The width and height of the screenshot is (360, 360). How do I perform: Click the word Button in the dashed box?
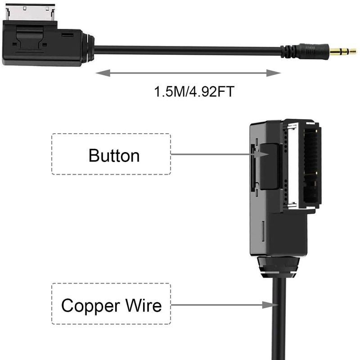pos(114,155)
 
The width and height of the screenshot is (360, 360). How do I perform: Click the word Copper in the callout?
pos(91,306)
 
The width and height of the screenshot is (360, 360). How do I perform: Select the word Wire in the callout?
pos(144,305)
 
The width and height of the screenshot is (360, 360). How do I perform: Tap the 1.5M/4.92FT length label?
pos(194,91)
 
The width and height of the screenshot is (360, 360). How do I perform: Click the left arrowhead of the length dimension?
pos(103,73)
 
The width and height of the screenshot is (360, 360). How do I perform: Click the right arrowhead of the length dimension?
pos(274,73)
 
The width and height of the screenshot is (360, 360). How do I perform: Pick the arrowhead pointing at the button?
pos(262,154)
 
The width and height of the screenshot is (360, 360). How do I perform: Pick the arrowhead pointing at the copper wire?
pos(270,305)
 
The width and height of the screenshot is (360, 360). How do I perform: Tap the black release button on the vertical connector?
pos(270,166)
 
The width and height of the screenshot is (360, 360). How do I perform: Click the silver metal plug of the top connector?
pos(31,13)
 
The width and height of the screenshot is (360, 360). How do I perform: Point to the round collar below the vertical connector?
pos(278,267)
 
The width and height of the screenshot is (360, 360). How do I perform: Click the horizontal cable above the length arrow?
pos(187,50)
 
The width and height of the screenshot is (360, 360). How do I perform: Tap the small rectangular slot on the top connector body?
pos(67,35)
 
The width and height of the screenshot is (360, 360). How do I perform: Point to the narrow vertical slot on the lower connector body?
pos(263,231)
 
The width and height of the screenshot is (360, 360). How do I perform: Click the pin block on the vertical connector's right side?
pos(311,165)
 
